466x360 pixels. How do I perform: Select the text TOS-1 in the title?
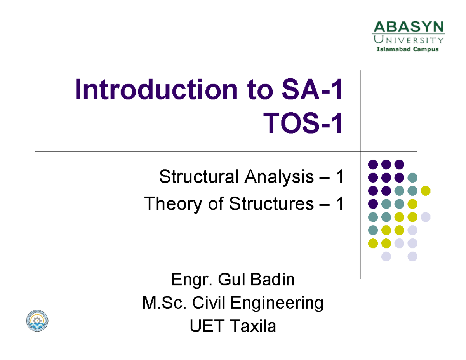(304, 124)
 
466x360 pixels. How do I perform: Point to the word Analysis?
(278, 178)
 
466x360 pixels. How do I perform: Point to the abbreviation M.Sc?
(163, 303)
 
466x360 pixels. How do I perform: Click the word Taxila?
(253, 327)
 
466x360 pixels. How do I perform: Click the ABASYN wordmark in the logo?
(408, 28)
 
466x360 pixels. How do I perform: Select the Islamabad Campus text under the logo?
(408, 49)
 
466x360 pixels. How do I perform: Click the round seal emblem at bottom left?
(37, 320)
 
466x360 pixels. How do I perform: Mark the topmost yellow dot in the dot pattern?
(426, 190)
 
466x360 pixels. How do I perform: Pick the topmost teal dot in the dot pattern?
(412, 177)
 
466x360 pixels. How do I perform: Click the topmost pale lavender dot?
(426, 217)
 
